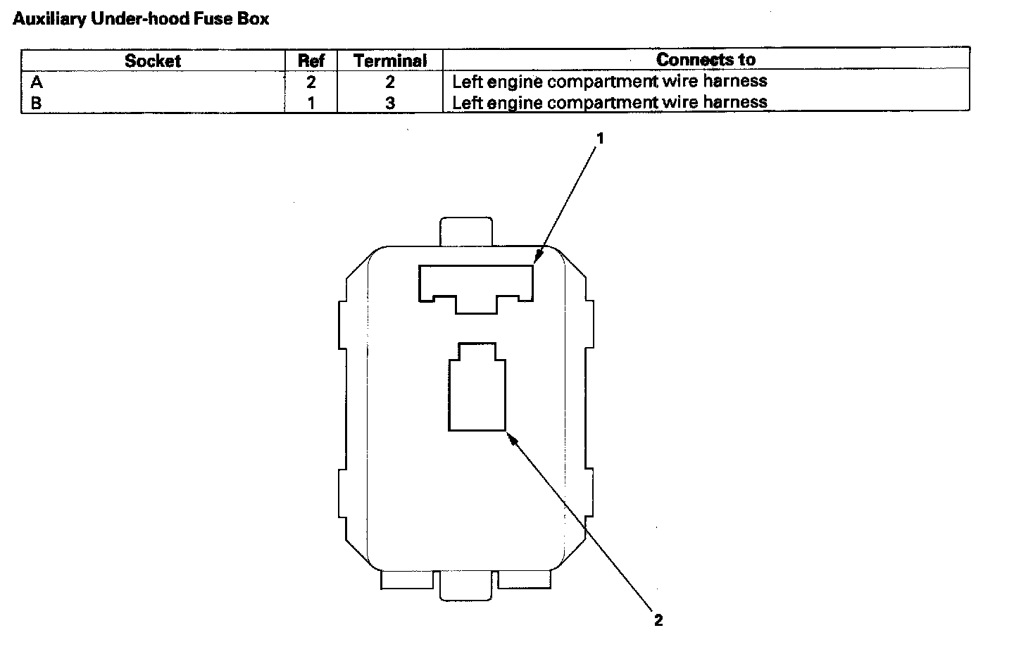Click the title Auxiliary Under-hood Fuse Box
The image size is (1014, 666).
[x=141, y=19]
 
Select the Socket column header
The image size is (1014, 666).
[x=153, y=61]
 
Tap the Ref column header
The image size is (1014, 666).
[x=311, y=61]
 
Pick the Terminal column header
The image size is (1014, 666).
[x=390, y=61]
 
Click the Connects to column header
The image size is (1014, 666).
[x=706, y=60]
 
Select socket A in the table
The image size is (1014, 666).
[x=37, y=82]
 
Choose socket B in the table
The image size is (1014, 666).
[x=37, y=103]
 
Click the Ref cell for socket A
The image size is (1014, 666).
[x=311, y=82]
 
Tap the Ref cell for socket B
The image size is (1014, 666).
[x=311, y=103]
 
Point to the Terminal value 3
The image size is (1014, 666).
[x=390, y=103]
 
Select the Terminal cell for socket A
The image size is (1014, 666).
[x=390, y=82]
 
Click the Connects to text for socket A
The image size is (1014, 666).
[x=609, y=82]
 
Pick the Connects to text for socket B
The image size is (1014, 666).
[x=609, y=103]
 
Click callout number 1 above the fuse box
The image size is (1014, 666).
[x=601, y=139]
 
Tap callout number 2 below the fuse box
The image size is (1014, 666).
[x=658, y=620]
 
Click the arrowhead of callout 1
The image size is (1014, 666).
[x=537, y=258]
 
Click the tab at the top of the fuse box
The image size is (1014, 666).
[x=465, y=232]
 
